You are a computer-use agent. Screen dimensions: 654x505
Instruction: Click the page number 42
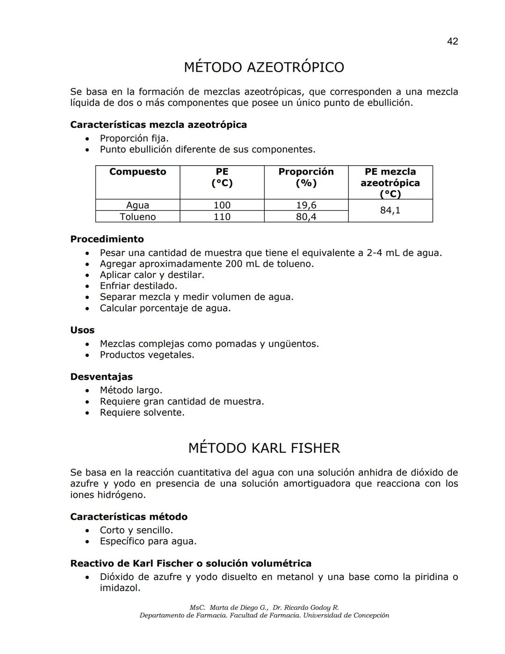pyautogui.click(x=452, y=41)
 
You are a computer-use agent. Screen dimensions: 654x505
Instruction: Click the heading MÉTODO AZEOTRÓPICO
pyautogui.click(x=264, y=67)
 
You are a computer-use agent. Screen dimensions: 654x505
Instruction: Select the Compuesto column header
pyautogui.click(x=137, y=172)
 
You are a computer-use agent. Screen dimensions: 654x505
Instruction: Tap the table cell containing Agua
pyautogui.click(x=137, y=205)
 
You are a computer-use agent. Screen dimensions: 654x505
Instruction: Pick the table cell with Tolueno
pyautogui.click(x=137, y=217)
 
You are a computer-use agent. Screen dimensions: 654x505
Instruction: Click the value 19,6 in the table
pyautogui.click(x=306, y=205)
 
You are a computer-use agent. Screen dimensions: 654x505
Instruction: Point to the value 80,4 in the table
pyautogui.click(x=306, y=217)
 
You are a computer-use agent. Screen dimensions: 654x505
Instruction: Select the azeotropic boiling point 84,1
pyautogui.click(x=390, y=211)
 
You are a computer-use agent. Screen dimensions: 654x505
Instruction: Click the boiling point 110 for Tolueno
pyautogui.click(x=222, y=217)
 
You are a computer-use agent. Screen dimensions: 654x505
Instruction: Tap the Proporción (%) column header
pyautogui.click(x=306, y=177)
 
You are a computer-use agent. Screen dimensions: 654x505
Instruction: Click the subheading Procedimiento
pyautogui.click(x=107, y=239)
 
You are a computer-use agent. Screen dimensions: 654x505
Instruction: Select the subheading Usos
pyautogui.click(x=82, y=330)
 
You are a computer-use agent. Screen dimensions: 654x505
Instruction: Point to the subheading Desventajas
pyautogui.click(x=101, y=377)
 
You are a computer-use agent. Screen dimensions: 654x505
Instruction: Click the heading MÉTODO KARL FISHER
pyautogui.click(x=264, y=448)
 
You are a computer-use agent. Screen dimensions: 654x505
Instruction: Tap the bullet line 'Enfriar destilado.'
pyautogui.click(x=138, y=286)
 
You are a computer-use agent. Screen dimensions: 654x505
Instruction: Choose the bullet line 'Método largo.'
pyautogui.click(x=131, y=390)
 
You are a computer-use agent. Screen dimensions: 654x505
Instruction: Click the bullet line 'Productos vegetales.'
pyautogui.click(x=147, y=355)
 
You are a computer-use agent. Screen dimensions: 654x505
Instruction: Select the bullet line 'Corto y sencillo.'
pyautogui.click(x=136, y=530)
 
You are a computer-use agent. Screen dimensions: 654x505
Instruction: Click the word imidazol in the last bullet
pyautogui.click(x=120, y=588)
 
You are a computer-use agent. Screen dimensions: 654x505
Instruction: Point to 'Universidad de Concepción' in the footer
pyautogui.click(x=346, y=616)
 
